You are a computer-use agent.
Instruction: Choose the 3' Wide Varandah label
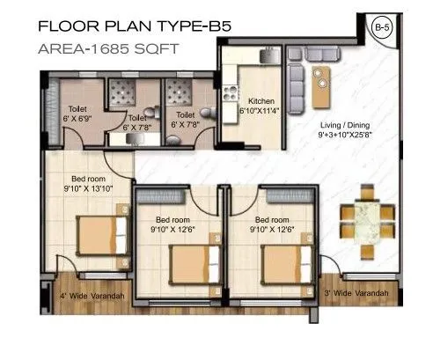tap(356, 292)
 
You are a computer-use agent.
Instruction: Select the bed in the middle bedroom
tap(189, 261)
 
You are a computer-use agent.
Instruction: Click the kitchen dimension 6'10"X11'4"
tap(261, 112)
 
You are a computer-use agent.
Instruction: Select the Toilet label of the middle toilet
tap(137, 116)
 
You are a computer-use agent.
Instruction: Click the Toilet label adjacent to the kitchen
tap(185, 114)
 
